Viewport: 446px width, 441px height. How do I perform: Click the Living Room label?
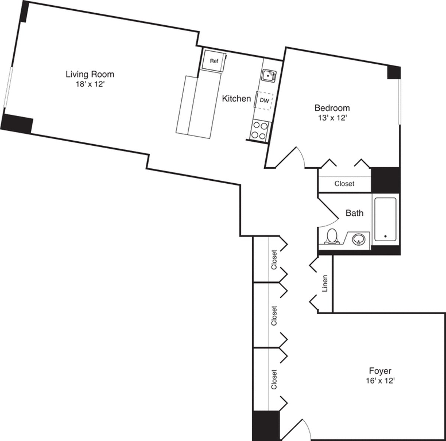pos(90,74)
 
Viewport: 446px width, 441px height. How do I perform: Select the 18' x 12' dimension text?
pos(90,84)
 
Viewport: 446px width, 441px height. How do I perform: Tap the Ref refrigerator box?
pos(214,61)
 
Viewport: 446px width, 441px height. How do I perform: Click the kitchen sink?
pos(268,75)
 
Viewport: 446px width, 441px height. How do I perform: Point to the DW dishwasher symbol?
pos(264,100)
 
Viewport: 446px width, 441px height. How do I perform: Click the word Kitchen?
pos(236,99)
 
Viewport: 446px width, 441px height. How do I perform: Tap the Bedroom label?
pos(332,108)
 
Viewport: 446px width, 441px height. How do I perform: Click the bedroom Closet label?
pos(344,184)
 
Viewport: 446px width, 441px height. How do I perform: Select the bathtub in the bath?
pos(385,220)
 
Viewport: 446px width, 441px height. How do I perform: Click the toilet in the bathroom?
pos(332,236)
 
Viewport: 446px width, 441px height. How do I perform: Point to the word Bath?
pos(354,213)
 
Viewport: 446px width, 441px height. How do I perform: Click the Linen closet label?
pos(325,283)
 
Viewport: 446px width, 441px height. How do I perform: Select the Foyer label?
pos(380,371)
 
